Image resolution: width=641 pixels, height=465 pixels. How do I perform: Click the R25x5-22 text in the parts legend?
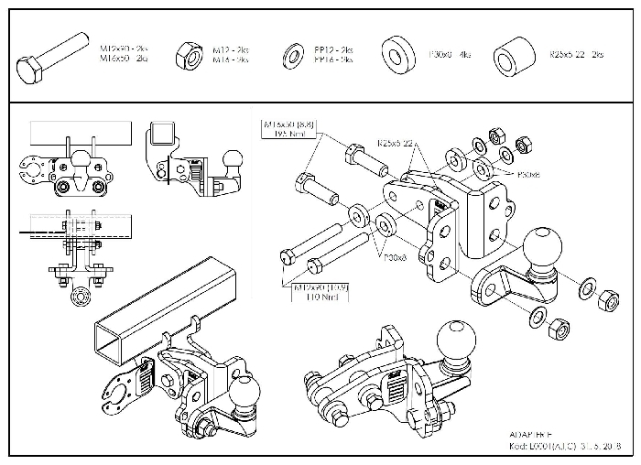[576, 55]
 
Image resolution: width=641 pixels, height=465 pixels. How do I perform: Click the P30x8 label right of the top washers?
[528, 173]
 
